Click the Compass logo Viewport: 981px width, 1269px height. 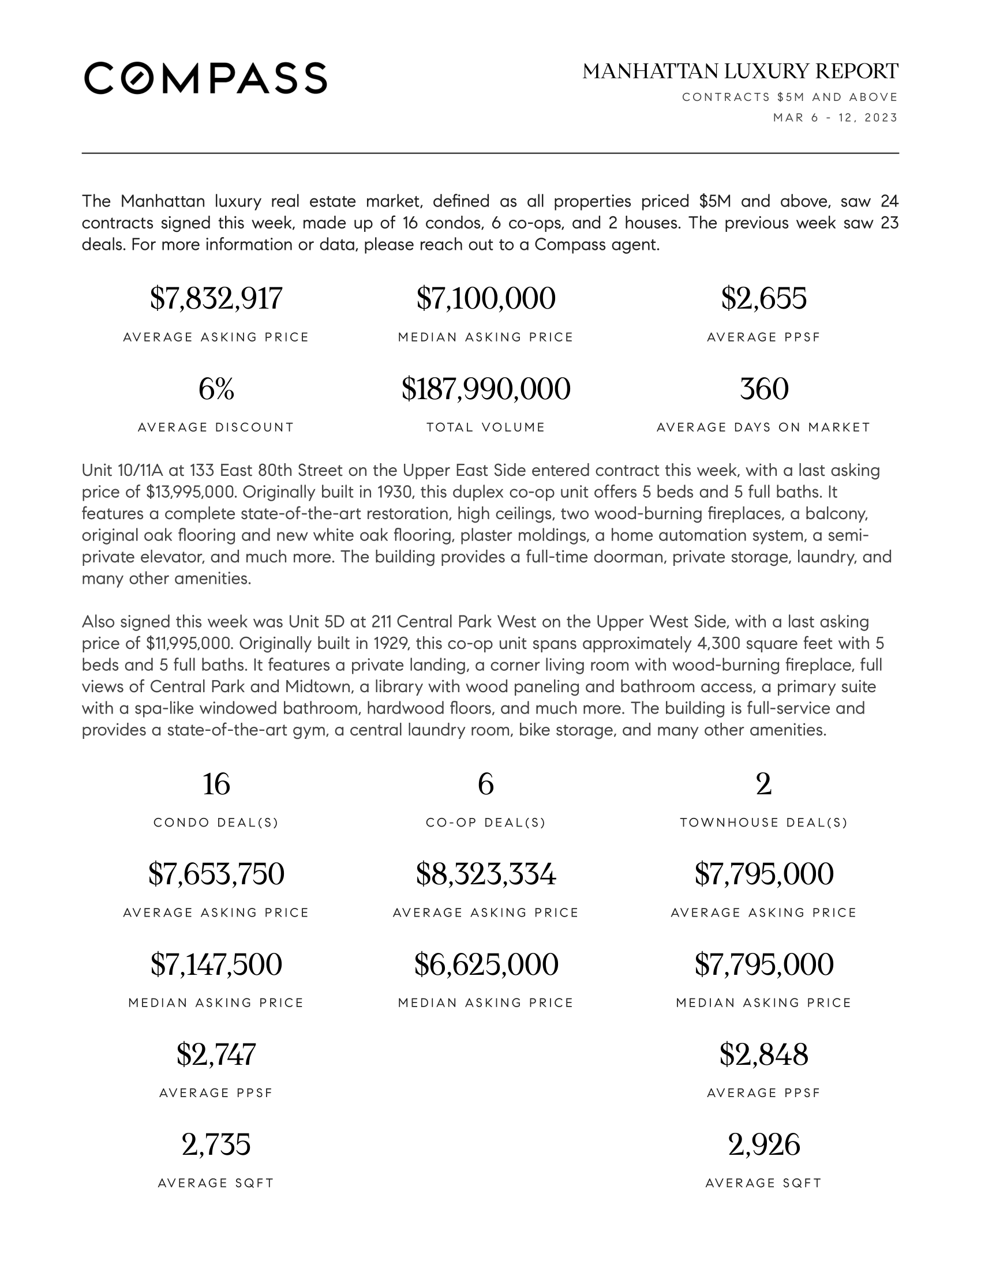(205, 78)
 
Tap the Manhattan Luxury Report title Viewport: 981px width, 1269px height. (740, 72)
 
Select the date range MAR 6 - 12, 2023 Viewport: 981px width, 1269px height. (835, 118)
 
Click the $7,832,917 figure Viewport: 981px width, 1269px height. (216, 299)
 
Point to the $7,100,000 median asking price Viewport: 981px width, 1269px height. (486, 299)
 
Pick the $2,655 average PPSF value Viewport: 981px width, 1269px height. (763, 299)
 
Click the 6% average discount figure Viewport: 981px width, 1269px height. (216, 389)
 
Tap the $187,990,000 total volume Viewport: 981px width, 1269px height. (486, 389)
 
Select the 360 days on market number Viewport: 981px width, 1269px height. (763, 389)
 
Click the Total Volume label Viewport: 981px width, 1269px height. (486, 427)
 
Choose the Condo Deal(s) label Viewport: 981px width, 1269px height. (216, 823)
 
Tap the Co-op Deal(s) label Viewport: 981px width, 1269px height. (486, 823)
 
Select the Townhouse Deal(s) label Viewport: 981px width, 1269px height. (763, 823)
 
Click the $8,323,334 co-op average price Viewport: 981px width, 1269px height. (486, 874)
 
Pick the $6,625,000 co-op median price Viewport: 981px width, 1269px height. (486, 964)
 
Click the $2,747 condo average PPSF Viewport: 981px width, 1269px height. (216, 1054)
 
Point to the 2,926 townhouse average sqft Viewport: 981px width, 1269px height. (763, 1144)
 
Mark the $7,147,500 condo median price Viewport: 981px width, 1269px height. (216, 964)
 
